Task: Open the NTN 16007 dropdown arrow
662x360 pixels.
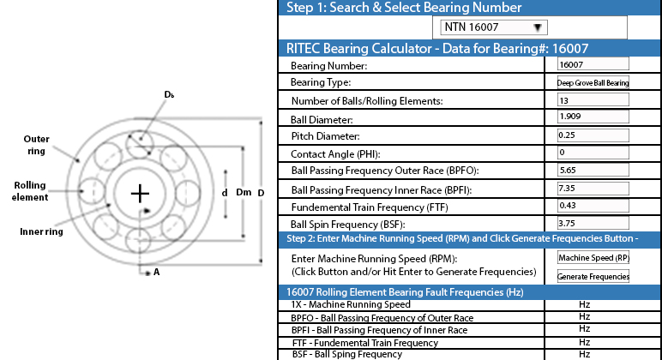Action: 538,27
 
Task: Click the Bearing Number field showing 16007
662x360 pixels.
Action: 593,64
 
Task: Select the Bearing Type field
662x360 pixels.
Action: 593,82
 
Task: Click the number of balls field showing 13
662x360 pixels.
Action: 593,100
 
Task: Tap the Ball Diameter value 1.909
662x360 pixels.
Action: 593,117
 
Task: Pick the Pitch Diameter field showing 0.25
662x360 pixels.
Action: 593,135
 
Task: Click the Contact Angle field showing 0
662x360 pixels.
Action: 593,153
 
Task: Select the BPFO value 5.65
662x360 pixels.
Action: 593,170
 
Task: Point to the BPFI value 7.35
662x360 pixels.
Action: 593,189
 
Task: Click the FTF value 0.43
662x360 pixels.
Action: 593,206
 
